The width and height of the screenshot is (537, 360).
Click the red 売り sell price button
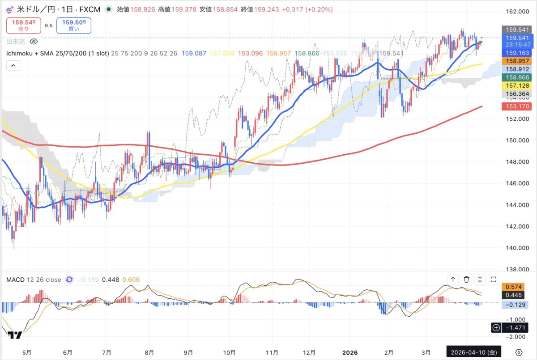tap(23, 25)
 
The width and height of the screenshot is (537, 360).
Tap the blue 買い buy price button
tap(73, 25)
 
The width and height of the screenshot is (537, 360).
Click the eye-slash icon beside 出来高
tap(34, 42)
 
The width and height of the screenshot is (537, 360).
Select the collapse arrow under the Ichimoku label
tap(13, 65)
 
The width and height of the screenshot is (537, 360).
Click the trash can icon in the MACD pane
tap(466, 280)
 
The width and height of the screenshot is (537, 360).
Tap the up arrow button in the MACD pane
tap(453, 280)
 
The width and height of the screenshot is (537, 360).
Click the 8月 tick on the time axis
tap(150, 352)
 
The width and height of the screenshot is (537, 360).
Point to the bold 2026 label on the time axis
tap(350, 352)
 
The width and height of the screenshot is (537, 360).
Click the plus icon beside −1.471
tap(496, 328)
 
